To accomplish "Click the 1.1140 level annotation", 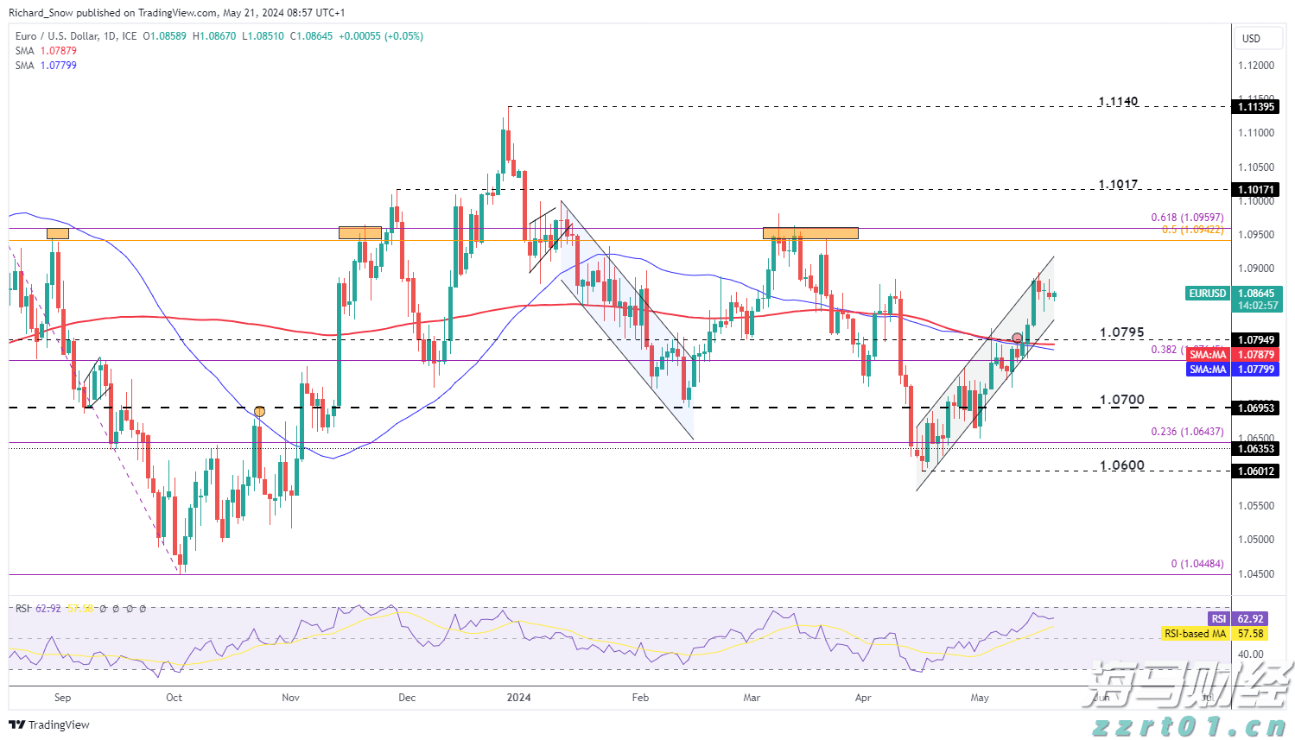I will pyautogui.click(x=1118, y=102).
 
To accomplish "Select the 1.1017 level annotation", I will pyautogui.click(x=1118, y=185).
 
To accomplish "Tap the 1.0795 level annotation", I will pyautogui.click(x=1121, y=332).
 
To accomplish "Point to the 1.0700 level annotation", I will pyautogui.click(x=1121, y=400).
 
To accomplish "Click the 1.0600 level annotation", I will pyautogui.click(x=1121, y=465).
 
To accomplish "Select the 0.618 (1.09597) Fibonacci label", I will pyautogui.click(x=1186, y=218).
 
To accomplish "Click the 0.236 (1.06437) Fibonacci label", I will pyautogui.click(x=1186, y=432).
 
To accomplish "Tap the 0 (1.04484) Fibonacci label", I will pyautogui.click(x=1197, y=564).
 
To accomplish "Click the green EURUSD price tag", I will pyautogui.click(x=1207, y=294).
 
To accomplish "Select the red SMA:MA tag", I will pyautogui.click(x=1208, y=355).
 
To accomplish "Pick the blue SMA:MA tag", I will pyautogui.click(x=1208, y=370).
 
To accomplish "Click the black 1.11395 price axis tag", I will pyautogui.click(x=1256, y=107).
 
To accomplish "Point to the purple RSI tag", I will pyautogui.click(x=1218, y=619).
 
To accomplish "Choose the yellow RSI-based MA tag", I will pyautogui.click(x=1195, y=634).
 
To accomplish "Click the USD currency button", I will pyautogui.click(x=1251, y=39).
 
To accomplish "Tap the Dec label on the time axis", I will pyautogui.click(x=407, y=698).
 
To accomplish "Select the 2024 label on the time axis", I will pyautogui.click(x=518, y=698).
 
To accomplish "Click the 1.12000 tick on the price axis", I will pyautogui.click(x=1255, y=66).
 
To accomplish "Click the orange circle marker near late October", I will pyautogui.click(x=259, y=411).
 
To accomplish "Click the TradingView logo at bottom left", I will pyautogui.click(x=49, y=725).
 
